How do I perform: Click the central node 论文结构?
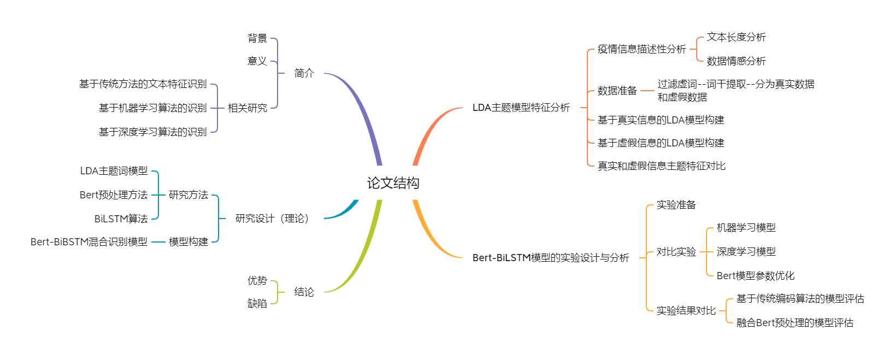point(393,182)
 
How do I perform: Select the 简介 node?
point(304,73)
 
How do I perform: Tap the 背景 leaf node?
point(257,38)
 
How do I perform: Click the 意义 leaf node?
point(257,61)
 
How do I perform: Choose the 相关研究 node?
point(248,108)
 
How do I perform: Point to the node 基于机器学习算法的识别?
point(153,108)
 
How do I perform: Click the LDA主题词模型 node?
point(114,171)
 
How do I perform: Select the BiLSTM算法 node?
point(121,219)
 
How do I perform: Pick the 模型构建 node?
point(189,241)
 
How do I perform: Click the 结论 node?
point(304,292)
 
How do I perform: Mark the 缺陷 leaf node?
point(257,304)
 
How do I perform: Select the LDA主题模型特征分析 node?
point(521,108)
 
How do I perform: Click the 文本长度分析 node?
point(736,37)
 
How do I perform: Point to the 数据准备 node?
point(617,91)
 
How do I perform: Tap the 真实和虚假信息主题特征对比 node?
point(661,166)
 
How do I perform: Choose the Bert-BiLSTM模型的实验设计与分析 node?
point(551,258)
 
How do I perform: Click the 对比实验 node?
point(676,252)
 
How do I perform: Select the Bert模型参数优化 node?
point(756,276)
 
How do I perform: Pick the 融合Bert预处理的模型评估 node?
point(794,323)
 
